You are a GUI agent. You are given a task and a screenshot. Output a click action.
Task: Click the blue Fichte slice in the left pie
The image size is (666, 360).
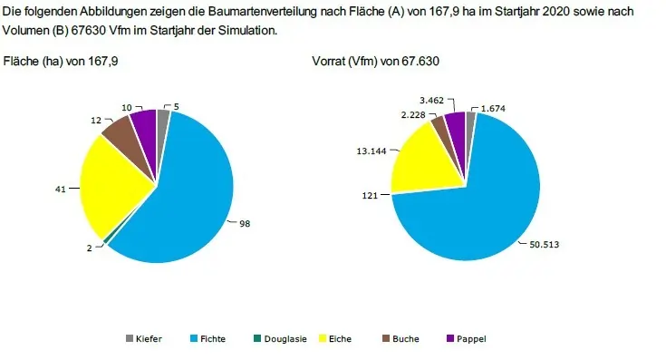point(186,195)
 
